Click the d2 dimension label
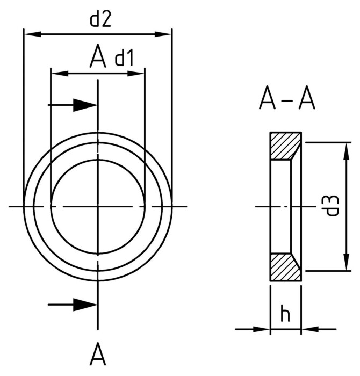click(x=100, y=19)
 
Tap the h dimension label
click(x=285, y=314)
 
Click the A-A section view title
click(x=286, y=99)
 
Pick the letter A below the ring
click(x=97, y=355)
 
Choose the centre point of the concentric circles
click(x=98, y=206)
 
